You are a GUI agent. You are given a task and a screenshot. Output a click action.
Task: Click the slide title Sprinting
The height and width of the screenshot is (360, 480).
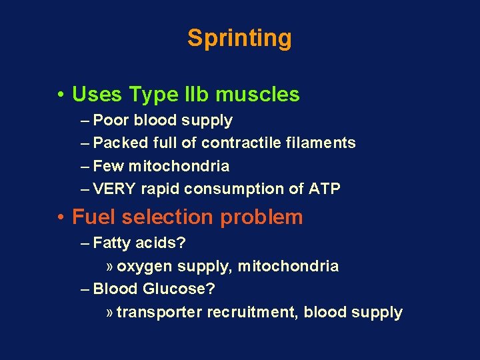[239, 38]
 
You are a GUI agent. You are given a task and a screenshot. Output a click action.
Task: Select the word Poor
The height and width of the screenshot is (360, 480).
[111, 121]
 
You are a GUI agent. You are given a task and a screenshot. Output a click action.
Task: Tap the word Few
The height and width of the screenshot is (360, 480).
[109, 166]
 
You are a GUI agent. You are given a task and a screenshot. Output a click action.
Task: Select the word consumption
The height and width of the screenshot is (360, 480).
[234, 189]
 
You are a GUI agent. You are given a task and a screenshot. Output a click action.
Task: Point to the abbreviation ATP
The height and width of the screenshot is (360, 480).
[325, 189]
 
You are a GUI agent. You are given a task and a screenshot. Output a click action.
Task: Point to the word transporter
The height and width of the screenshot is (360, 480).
[159, 313]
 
